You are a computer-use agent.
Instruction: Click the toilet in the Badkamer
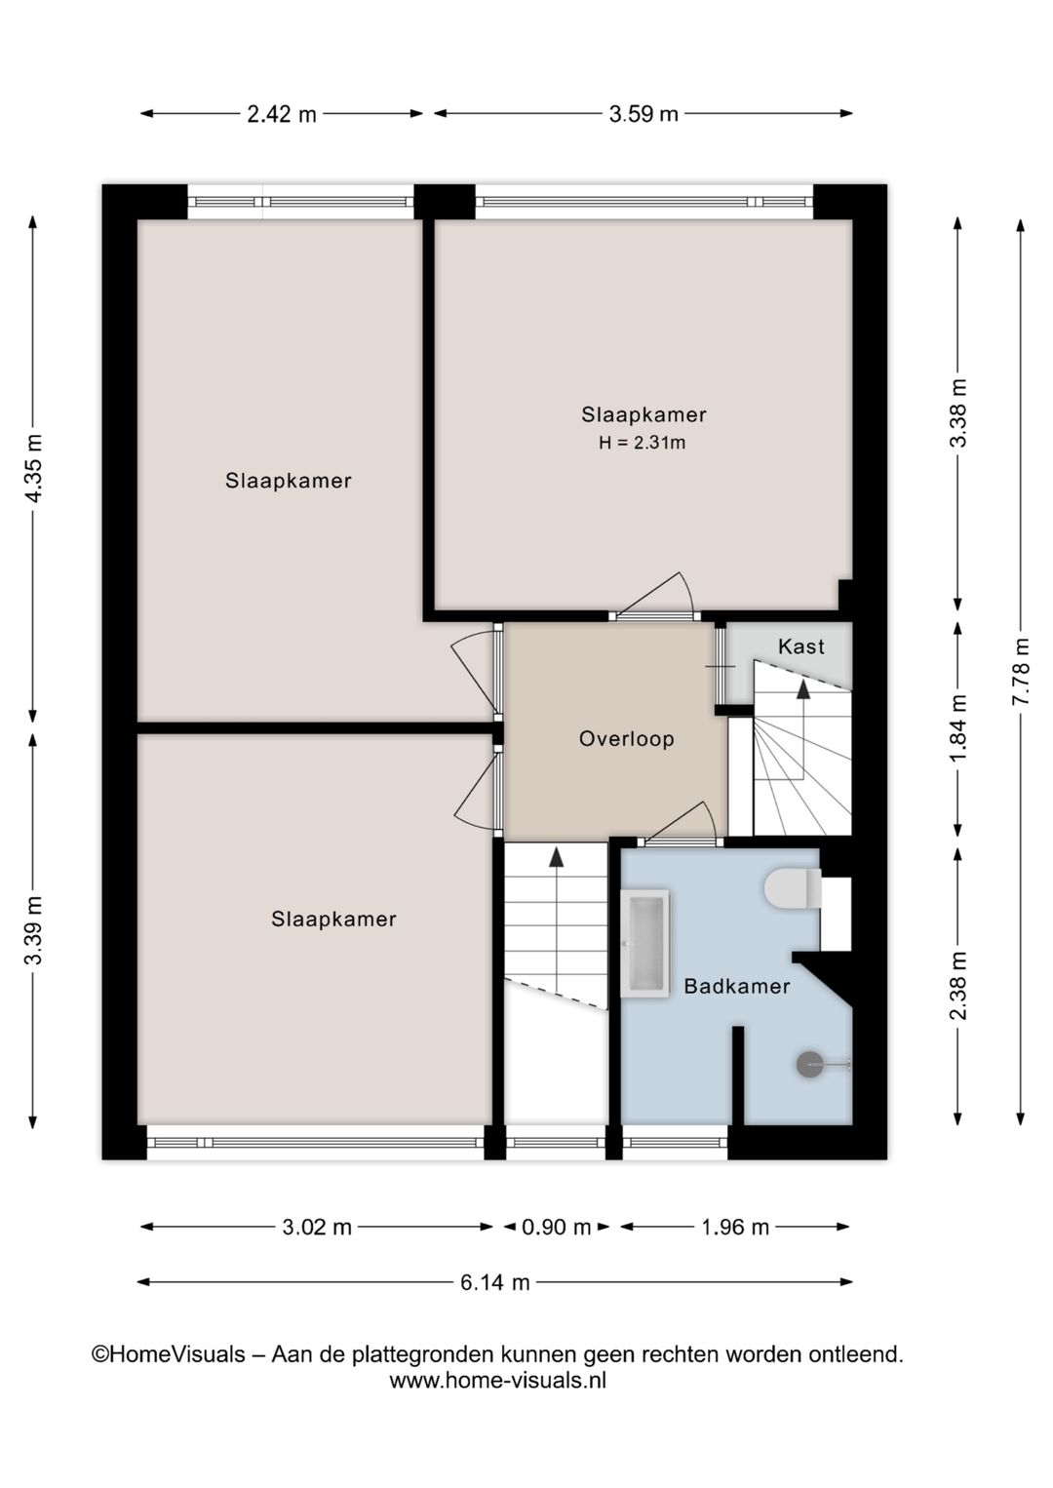(792, 889)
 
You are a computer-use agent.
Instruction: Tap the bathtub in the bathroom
(644, 943)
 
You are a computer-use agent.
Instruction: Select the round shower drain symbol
(810, 1064)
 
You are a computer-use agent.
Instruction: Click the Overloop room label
(627, 739)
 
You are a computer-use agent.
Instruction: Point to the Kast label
(800, 646)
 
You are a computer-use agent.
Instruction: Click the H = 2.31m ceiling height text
(642, 443)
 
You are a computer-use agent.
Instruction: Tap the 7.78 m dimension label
(1020, 672)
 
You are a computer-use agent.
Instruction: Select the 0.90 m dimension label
(556, 1227)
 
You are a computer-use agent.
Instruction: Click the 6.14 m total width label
(494, 1282)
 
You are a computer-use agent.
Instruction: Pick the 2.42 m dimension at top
(281, 114)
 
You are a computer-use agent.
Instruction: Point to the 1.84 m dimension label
(958, 728)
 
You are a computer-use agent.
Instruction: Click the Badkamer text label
(736, 986)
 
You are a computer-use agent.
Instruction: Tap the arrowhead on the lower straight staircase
(556, 857)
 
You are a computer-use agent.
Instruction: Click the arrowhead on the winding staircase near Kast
(802, 688)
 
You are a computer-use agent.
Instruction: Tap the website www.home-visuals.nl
(497, 1381)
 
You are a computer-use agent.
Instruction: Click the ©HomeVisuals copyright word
(169, 1354)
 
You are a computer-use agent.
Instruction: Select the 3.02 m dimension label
(317, 1227)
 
